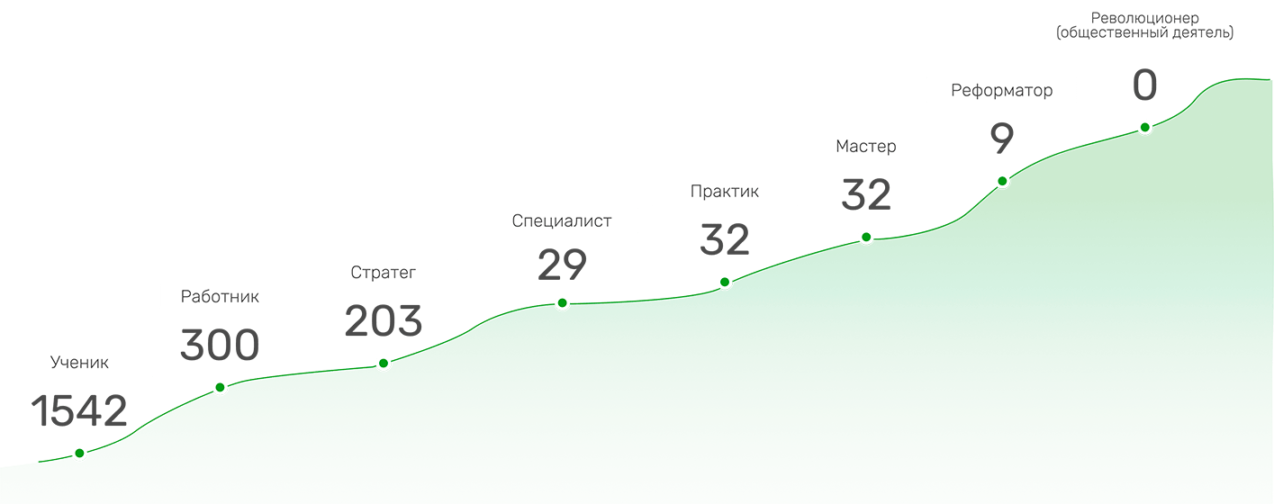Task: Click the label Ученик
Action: click(79, 363)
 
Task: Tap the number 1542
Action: click(79, 411)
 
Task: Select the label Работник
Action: click(220, 297)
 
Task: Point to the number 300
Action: click(220, 346)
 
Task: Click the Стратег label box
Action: click(383, 273)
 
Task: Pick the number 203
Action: click(383, 321)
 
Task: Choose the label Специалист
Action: click(562, 220)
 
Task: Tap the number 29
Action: click(562, 265)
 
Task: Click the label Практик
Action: click(725, 191)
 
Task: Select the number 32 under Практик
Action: click(725, 240)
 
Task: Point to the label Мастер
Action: click(866, 146)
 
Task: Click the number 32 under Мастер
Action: click(866, 195)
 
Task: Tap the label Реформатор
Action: click(1001, 91)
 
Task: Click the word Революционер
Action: click(1144, 18)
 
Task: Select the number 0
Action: click(1144, 86)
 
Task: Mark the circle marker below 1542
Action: click(79, 453)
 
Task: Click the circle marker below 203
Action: click(384, 364)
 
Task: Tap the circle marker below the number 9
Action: click(1001, 181)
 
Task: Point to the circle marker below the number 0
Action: click(1144, 128)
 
